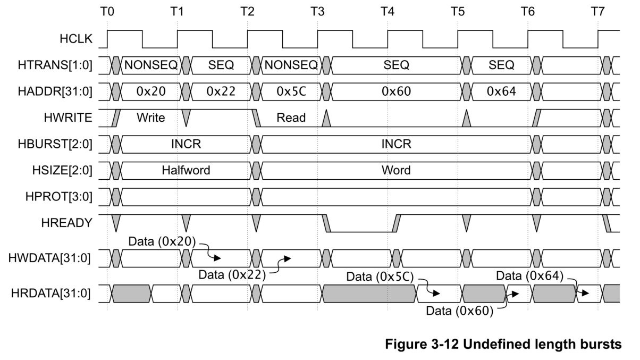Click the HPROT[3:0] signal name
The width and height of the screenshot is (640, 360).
(x=62, y=197)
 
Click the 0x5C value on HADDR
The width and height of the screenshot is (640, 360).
(x=290, y=91)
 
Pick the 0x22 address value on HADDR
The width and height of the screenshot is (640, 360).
(x=220, y=91)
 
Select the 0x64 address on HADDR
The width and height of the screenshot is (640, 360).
(x=501, y=91)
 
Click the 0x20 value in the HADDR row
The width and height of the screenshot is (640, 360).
(x=151, y=91)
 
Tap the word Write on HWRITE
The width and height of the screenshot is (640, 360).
(x=150, y=118)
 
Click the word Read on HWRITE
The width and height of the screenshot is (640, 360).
(x=291, y=118)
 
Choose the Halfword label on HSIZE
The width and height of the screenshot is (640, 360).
(x=186, y=170)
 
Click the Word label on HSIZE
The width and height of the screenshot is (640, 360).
(x=395, y=170)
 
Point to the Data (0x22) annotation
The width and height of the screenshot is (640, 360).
(x=232, y=275)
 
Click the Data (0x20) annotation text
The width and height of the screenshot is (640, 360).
(x=163, y=241)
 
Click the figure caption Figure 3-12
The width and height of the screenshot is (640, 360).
(x=502, y=345)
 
